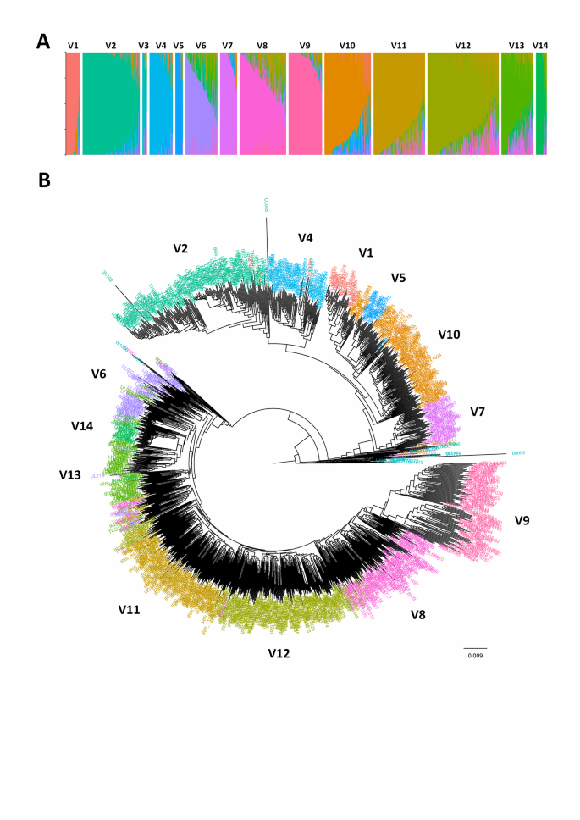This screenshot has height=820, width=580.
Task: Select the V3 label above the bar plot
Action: click(143, 46)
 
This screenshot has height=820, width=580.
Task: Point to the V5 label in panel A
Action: click(178, 46)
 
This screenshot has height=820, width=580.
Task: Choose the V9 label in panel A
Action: click(305, 46)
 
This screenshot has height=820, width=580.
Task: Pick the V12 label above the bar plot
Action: click(463, 46)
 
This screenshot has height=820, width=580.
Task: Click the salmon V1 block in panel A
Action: click(72, 102)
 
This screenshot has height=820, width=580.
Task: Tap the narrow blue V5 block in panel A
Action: click(179, 102)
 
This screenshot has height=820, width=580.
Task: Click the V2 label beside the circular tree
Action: click(180, 248)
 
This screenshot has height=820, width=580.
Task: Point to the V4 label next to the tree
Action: click(306, 238)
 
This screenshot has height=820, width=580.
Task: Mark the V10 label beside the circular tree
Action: click(449, 335)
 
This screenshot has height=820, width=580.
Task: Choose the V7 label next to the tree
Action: click(480, 412)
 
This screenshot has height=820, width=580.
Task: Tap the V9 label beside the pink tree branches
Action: click(522, 519)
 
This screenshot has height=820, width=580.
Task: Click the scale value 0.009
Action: click(477, 656)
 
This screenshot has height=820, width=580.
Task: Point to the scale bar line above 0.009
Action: click(477, 647)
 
